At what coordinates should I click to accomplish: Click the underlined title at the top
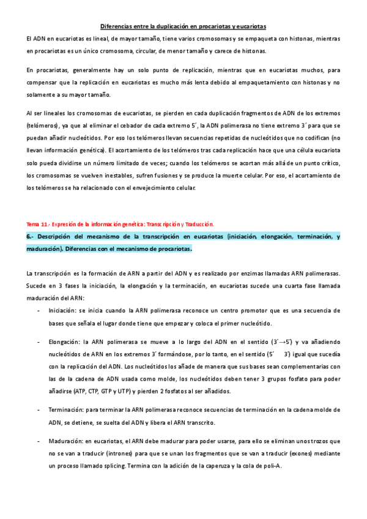pos(183,27)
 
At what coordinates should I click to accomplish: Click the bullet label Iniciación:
pos(63,311)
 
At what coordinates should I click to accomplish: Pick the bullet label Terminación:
pos(67,409)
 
